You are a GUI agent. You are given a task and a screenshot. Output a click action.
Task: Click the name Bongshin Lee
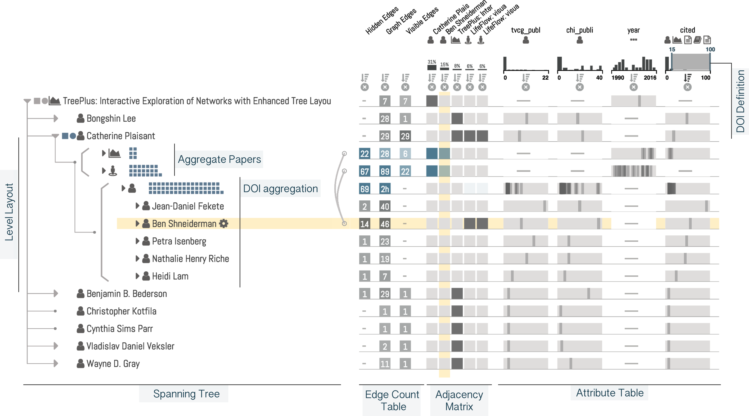tap(111, 119)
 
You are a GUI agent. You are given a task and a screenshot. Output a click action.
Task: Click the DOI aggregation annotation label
tap(280, 189)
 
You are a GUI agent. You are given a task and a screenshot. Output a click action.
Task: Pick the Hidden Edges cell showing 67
tap(364, 171)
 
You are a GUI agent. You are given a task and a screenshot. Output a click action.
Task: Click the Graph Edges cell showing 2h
tap(385, 189)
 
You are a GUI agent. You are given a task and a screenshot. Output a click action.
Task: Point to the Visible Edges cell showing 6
tap(405, 154)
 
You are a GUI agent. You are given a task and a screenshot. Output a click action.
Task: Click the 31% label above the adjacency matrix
tap(432, 62)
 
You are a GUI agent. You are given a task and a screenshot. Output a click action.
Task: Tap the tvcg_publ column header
tap(525, 30)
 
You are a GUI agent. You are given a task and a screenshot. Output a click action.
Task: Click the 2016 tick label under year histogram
tap(650, 78)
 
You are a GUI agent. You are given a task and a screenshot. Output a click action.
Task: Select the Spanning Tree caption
tap(186, 394)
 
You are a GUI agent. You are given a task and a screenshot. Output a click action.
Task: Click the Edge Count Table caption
tap(392, 400)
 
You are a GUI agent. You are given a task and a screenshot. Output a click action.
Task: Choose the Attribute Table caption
tap(610, 393)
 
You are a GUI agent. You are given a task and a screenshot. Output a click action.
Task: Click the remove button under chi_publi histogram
tap(579, 87)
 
